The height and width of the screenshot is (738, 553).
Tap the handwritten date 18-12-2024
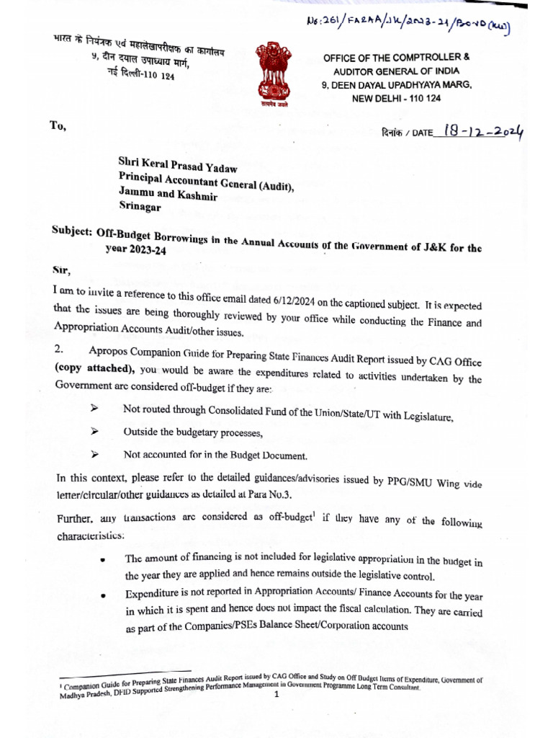(484, 132)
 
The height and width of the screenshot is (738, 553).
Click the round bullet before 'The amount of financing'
(105, 560)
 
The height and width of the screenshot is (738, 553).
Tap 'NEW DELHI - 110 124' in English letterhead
(397, 97)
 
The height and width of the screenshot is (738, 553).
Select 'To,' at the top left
(58, 126)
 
